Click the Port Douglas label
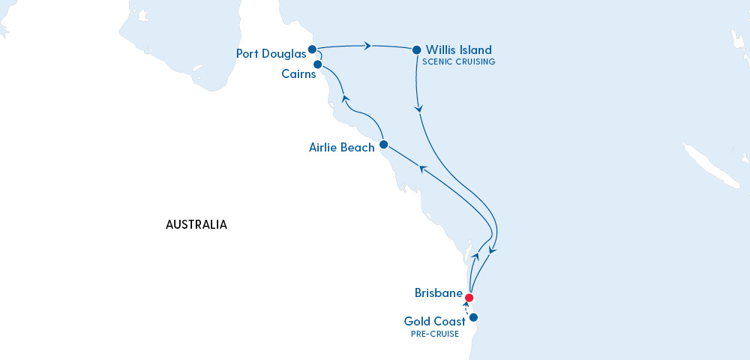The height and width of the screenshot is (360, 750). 270,54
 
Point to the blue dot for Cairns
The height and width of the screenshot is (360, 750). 317,64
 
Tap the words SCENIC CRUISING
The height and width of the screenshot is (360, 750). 460,62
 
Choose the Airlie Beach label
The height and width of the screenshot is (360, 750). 341,148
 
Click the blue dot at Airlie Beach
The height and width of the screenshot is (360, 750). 383,144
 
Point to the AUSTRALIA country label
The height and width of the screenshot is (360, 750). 196,224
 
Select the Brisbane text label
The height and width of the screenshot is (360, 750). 437,292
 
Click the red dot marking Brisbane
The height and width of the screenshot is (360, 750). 469,297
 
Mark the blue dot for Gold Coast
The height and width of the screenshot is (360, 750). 474,316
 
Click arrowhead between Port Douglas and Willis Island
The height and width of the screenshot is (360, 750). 367,46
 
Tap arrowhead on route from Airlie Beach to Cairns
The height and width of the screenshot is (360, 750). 344,97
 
